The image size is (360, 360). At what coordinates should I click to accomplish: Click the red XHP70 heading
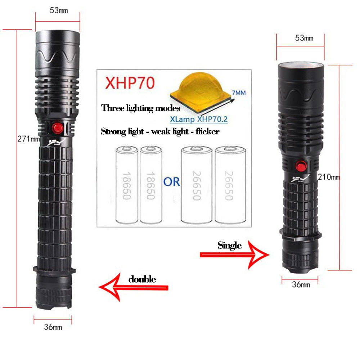pos(130,83)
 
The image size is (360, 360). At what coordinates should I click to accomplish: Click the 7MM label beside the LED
pos(238,93)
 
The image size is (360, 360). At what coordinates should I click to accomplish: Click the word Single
pos(229,245)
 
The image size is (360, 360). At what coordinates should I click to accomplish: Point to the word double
pos(142,279)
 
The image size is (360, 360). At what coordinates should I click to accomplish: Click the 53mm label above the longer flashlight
pos(59,10)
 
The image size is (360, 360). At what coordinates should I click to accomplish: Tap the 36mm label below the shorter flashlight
pos(301,285)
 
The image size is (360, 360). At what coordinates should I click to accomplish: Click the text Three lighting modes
pos(140,108)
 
